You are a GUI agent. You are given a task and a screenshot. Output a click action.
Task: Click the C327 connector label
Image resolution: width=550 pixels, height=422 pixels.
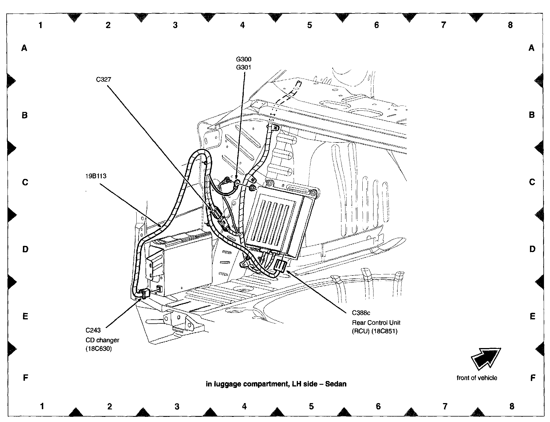point(103,79)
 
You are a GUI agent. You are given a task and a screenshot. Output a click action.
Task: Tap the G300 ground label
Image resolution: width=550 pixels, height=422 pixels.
point(243,59)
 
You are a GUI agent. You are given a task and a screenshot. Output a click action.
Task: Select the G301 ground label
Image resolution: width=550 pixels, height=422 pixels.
point(243,67)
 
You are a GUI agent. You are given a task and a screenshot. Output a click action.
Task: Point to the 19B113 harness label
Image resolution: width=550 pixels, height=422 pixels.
point(96,176)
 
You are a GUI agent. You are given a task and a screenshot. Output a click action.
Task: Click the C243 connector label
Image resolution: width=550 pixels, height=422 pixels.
point(93,330)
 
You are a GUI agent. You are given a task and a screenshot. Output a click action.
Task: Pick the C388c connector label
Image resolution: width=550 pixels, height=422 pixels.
point(361,313)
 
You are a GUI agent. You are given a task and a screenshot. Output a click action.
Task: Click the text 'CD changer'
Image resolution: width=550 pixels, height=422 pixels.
point(102,340)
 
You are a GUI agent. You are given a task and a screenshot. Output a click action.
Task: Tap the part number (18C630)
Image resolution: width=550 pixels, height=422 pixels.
point(99,349)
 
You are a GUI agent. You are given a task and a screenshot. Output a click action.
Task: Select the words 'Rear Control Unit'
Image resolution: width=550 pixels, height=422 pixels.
point(376,322)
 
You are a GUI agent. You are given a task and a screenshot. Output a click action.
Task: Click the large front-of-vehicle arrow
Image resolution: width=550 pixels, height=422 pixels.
point(485,359)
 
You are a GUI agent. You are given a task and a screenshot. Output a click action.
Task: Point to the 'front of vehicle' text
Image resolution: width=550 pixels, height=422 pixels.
point(477,378)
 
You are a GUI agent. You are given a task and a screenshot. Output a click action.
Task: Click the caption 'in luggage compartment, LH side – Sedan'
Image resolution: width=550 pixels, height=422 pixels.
point(276,384)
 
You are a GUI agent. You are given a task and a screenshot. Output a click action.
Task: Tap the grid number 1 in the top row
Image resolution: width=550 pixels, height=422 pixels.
point(41,25)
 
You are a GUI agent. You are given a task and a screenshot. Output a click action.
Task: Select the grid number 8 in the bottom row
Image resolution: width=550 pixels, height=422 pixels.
point(512,406)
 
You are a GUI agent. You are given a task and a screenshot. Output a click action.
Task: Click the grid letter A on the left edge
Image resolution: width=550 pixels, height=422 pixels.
point(24,48)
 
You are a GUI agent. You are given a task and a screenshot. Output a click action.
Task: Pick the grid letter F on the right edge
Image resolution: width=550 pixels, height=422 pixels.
point(533,378)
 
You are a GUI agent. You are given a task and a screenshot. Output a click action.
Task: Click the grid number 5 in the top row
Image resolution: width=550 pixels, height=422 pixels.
point(309,25)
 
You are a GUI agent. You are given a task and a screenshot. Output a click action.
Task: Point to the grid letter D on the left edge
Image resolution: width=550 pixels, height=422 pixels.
point(25,249)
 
